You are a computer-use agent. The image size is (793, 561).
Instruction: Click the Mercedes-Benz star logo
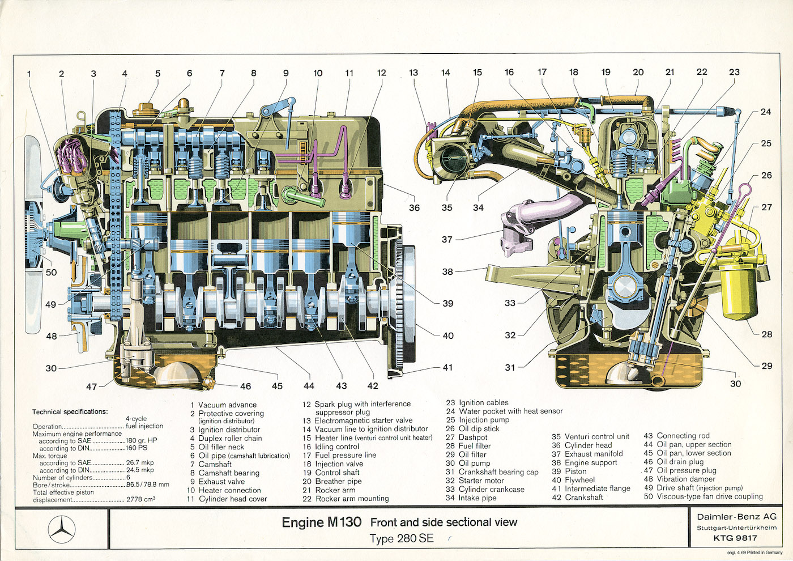(62, 530)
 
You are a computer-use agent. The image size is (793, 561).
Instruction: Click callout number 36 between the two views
(415, 207)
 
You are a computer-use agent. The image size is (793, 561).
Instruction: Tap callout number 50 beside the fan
(52, 272)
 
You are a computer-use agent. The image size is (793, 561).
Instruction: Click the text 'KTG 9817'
(735, 538)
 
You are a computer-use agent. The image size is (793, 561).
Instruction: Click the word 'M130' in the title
(344, 522)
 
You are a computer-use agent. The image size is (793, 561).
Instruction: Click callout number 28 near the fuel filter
(766, 334)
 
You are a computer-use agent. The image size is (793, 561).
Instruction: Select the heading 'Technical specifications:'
(70, 412)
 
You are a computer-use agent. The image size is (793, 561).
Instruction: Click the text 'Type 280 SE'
(402, 538)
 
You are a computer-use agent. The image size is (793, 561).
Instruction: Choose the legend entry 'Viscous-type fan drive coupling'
(710, 496)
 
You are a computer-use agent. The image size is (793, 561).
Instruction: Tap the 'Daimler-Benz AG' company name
(736, 517)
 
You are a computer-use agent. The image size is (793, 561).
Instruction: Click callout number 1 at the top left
(29, 74)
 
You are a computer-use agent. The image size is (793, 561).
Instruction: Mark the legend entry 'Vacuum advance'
(227, 405)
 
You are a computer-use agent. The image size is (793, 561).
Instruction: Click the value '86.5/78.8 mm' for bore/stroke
(148, 484)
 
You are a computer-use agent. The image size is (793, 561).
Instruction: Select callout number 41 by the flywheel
(447, 367)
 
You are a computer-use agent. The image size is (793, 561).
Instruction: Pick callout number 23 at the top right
(734, 72)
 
